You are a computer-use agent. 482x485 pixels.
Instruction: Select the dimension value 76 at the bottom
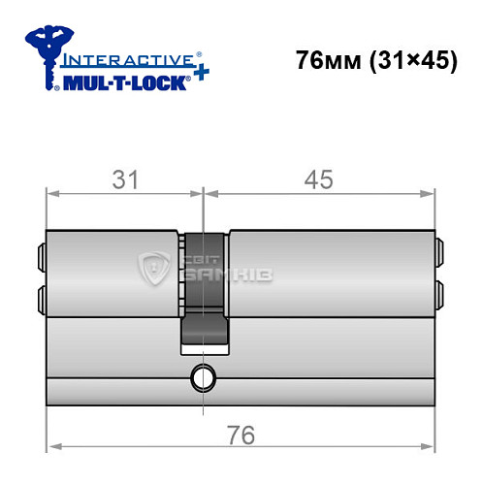tap(241, 436)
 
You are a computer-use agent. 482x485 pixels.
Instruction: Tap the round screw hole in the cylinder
tap(203, 375)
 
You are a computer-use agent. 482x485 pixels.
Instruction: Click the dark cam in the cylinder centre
tap(204, 291)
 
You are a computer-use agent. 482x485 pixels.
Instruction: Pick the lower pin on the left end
tap(40, 294)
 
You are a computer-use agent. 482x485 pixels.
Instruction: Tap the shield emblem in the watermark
tap(156, 265)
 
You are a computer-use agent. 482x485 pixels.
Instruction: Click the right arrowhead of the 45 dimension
tap(429, 193)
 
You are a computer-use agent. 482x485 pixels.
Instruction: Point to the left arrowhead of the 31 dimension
tap(52, 193)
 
